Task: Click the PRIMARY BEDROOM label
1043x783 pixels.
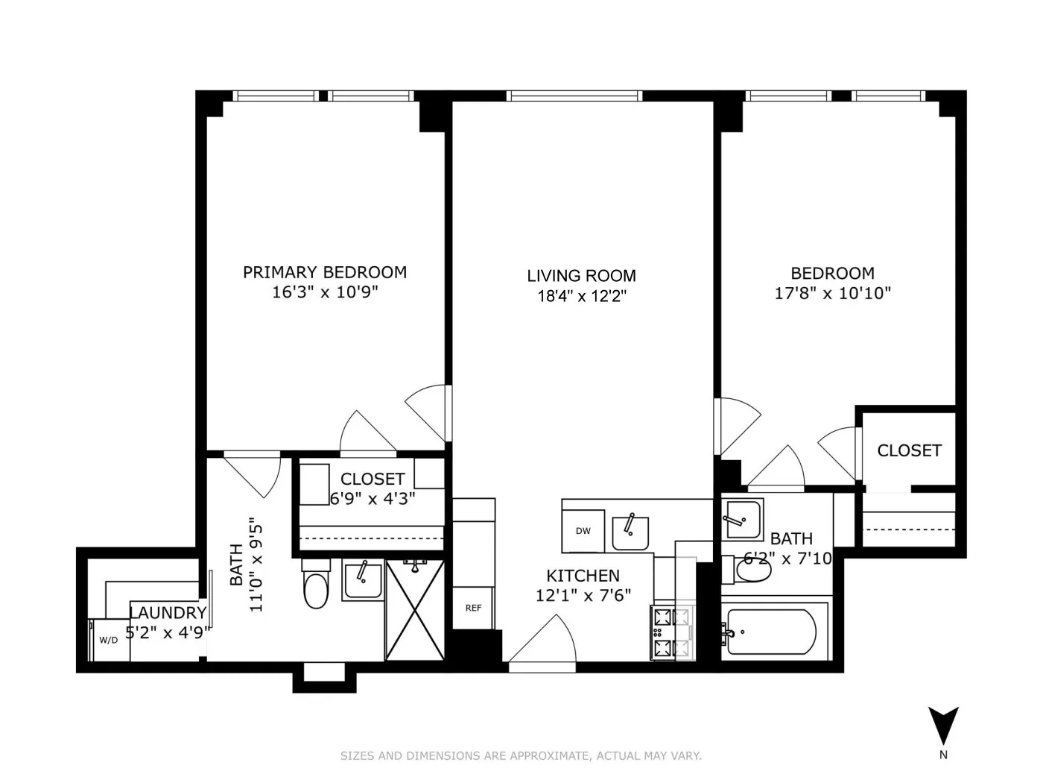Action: (325, 272)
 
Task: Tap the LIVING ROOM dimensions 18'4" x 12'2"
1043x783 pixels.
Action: (582, 296)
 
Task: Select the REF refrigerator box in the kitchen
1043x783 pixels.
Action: (473, 608)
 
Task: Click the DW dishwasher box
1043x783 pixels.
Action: (583, 531)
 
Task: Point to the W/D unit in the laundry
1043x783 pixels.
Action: (109, 640)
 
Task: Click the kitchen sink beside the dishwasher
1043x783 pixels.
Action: (630, 531)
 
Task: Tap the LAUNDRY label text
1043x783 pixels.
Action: (168, 613)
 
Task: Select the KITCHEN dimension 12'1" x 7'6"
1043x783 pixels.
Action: (583, 595)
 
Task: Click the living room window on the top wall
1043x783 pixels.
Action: (574, 95)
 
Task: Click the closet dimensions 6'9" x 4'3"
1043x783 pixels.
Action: (372, 497)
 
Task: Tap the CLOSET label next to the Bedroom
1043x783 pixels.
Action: (909, 450)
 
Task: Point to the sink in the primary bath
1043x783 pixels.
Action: (363, 580)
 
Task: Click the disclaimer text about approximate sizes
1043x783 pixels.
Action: (521, 755)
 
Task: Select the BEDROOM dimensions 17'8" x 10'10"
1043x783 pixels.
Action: (833, 293)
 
